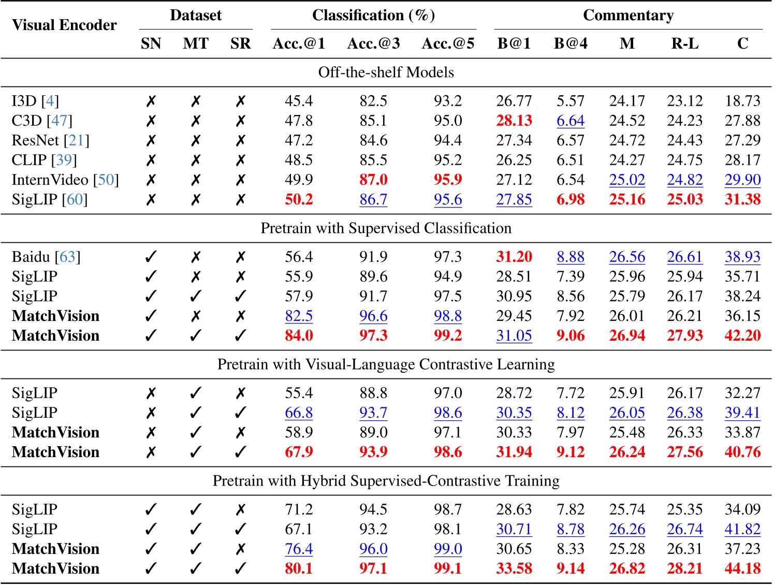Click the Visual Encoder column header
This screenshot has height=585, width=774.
[64, 25]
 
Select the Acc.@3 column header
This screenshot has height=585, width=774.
[373, 43]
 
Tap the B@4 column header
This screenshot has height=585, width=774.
[571, 43]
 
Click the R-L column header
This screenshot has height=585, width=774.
[684, 43]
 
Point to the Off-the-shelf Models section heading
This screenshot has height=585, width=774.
[386, 72]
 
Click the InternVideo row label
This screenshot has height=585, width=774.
[50, 180]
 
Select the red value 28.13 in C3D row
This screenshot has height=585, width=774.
[514, 121]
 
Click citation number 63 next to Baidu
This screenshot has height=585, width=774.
[67, 257]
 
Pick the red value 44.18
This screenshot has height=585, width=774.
[742, 568]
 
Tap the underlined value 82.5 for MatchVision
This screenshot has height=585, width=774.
[299, 316]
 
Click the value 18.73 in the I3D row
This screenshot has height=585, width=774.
[742, 101]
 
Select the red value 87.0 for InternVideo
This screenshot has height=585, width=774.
[373, 180]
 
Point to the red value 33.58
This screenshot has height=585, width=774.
[514, 568]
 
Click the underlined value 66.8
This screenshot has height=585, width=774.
[299, 413]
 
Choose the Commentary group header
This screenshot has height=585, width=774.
[628, 16]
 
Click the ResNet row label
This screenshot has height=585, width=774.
[36, 140]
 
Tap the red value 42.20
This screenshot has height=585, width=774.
[742, 335]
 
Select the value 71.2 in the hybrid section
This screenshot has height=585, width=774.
[299, 509]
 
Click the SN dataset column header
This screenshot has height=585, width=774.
[151, 43]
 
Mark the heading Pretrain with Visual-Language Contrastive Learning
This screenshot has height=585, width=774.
[386, 364]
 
